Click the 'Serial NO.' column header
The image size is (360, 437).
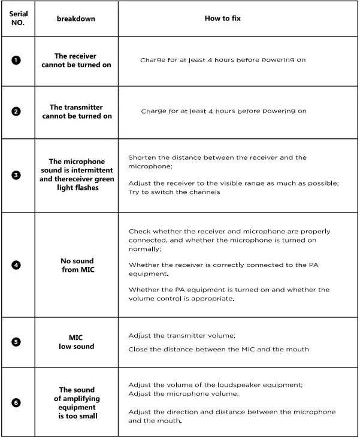17,19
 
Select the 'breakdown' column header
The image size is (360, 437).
75,19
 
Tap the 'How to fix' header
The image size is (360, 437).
223,19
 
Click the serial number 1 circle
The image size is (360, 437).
16,60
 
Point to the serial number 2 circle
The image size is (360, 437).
16,111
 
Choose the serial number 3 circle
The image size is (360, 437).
16,175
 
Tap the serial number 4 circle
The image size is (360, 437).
16,265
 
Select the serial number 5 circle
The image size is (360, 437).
16,342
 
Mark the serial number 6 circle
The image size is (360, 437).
16,402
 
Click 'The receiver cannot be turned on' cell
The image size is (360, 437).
76,60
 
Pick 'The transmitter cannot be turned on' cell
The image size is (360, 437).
76,111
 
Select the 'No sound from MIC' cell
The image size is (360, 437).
77,265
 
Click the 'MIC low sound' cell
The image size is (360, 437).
76,342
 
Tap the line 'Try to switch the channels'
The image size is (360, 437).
174,192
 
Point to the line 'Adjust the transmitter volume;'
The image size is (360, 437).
182,336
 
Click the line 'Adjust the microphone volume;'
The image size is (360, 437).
183,393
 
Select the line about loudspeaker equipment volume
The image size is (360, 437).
216,385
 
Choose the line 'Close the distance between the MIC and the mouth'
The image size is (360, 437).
218,349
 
